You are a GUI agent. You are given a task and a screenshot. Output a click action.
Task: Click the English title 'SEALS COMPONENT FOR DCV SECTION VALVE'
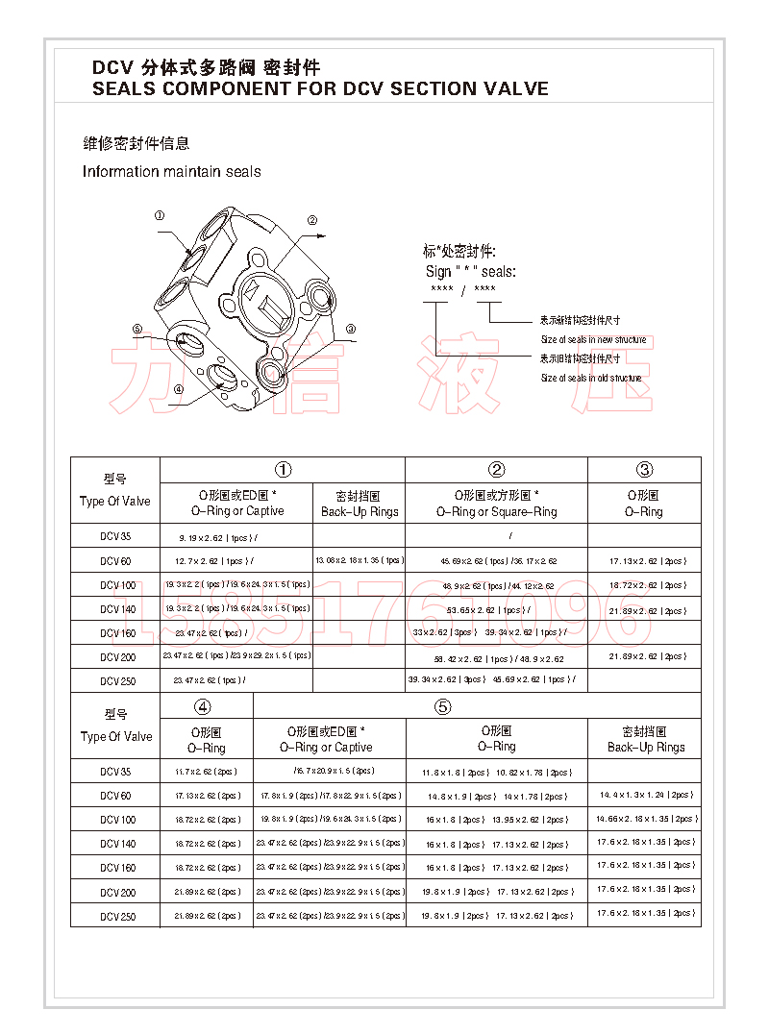pyautogui.click(x=320, y=89)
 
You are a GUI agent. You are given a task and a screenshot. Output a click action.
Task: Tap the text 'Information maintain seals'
pyautogui.click(x=171, y=172)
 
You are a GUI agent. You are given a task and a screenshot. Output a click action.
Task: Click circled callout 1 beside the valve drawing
pyautogui.click(x=160, y=216)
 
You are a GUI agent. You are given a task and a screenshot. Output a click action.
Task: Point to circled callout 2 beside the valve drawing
pyautogui.click(x=311, y=220)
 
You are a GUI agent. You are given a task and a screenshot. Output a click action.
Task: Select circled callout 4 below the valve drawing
pyautogui.click(x=178, y=389)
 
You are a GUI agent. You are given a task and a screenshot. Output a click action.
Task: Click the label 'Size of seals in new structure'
pyautogui.click(x=593, y=340)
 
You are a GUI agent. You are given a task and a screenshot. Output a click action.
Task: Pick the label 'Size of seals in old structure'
pyautogui.click(x=590, y=379)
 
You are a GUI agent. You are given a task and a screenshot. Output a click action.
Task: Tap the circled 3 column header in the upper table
pyautogui.click(x=644, y=470)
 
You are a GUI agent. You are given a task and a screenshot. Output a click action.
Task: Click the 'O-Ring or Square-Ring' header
pyautogui.click(x=496, y=512)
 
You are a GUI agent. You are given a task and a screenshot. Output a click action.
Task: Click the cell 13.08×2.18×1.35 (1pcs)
pyautogui.click(x=359, y=560)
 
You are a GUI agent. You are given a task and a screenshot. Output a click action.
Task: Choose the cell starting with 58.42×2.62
pyautogui.click(x=495, y=657)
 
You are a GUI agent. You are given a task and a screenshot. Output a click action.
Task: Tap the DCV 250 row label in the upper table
pyautogui.click(x=117, y=681)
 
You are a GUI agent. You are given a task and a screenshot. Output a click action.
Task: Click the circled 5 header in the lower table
pyautogui.click(x=442, y=706)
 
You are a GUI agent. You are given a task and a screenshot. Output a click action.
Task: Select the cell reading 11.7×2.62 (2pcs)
pyautogui.click(x=207, y=772)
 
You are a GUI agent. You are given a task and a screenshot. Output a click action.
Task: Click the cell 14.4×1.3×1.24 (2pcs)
pyautogui.click(x=645, y=796)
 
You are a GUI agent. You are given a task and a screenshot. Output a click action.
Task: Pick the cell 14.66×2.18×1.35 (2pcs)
pyautogui.click(x=645, y=820)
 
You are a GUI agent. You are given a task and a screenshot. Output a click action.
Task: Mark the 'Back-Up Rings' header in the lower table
pyautogui.click(x=645, y=747)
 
